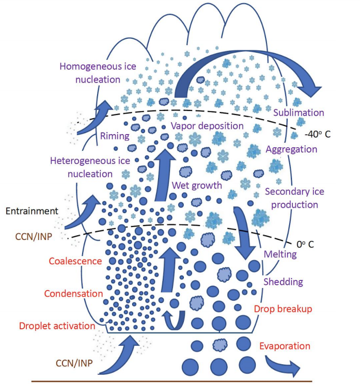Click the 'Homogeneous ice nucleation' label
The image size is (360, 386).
(x=90, y=73)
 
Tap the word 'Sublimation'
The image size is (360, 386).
(x=299, y=112)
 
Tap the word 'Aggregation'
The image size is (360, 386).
(x=291, y=149)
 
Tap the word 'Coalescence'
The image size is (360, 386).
(x=75, y=261)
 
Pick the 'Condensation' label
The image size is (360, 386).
(x=73, y=294)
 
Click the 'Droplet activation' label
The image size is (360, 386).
(x=57, y=326)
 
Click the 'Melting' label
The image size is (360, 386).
(x=280, y=254)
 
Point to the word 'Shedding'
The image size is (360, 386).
(x=283, y=282)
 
